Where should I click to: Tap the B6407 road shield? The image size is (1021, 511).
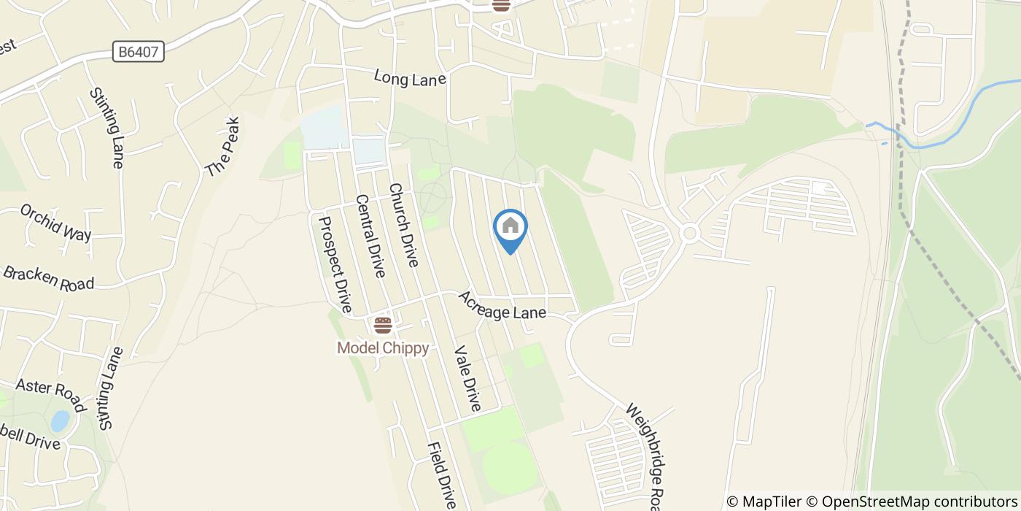(139, 52)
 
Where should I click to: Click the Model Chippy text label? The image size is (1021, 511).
(383, 347)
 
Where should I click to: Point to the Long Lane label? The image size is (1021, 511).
(409, 77)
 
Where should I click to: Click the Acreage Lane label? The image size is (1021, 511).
(502, 305)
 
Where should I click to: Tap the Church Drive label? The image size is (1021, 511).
(403, 225)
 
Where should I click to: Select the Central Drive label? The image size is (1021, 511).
(370, 236)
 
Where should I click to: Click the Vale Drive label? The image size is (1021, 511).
(467, 378)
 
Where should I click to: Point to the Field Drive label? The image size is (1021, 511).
(442, 475)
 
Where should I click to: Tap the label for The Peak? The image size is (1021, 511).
(222, 147)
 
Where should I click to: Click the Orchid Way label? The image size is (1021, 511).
(55, 222)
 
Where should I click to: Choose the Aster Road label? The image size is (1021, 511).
(50, 395)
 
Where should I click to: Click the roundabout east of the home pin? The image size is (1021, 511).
(689, 233)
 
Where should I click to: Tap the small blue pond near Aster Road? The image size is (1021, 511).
(60, 421)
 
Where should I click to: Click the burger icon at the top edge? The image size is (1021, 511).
(500, 4)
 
